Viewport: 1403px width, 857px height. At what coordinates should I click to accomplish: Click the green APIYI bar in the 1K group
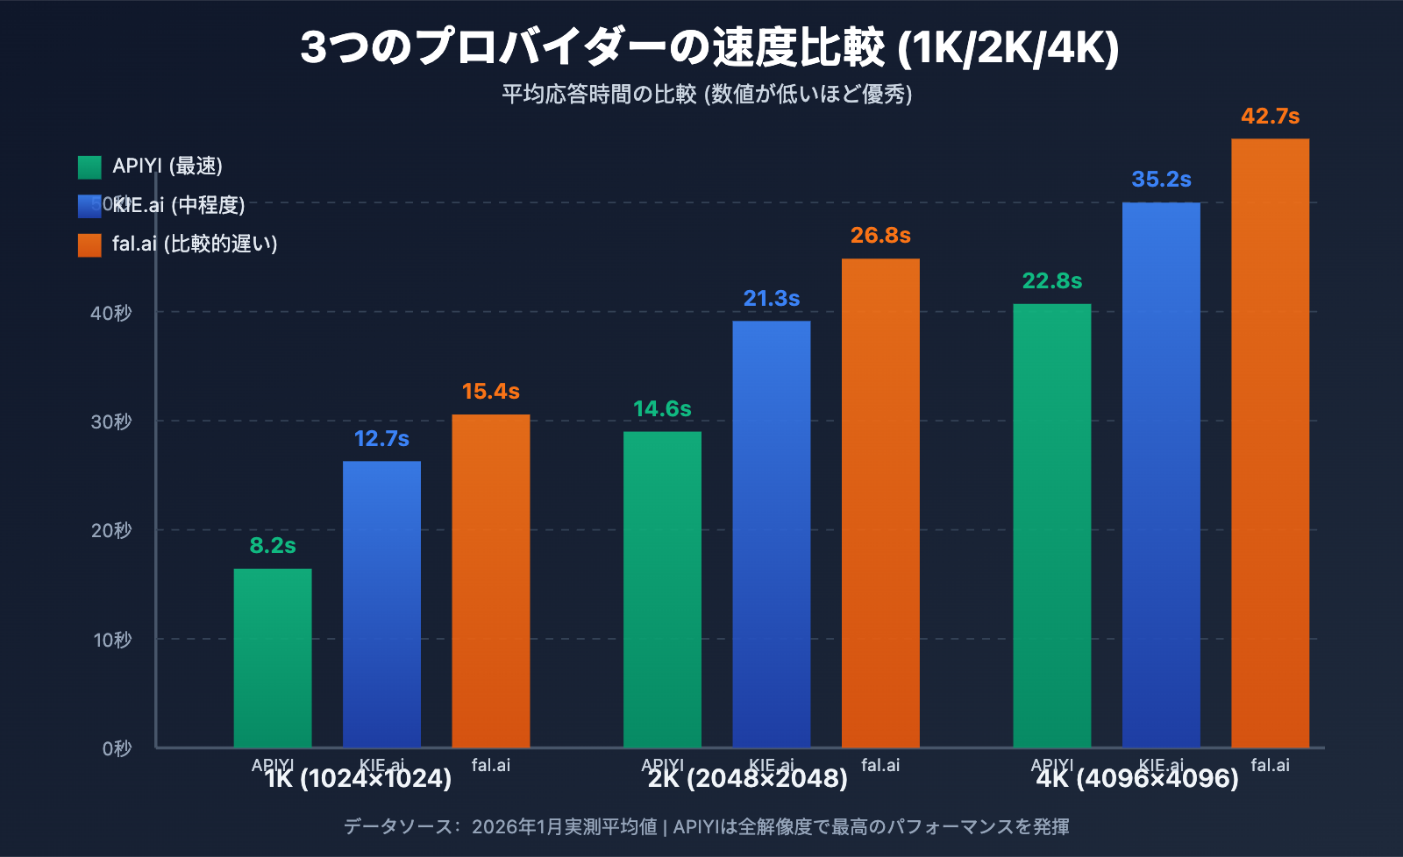click(x=273, y=657)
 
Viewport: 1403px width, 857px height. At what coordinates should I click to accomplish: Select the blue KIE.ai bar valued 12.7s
click(x=381, y=605)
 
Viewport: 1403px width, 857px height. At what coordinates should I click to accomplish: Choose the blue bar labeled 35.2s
click(x=1161, y=474)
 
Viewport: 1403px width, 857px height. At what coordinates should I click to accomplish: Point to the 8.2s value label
click(x=273, y=546)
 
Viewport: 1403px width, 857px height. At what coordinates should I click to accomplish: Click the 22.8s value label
click(x=1051, y=281)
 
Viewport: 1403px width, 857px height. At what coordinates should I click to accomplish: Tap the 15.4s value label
click(x=490, y=392)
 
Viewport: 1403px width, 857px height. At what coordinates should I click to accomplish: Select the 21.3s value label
click(x=771, y=299)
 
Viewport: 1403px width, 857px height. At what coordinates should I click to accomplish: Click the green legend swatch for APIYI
click(x=89, y=166)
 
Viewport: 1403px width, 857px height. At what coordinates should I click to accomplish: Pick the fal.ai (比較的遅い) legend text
click(x=195, y=244)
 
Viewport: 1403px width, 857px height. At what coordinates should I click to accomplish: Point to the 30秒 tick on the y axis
click(x=111, y=421)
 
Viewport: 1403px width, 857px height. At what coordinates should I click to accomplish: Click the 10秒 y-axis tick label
click(x=112, y=640)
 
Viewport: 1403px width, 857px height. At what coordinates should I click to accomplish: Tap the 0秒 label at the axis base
click(x=117, y=748)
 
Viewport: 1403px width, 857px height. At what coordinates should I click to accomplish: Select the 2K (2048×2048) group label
click(x=748, y=779)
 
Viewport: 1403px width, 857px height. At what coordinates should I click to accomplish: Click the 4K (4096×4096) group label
click(x=1137, y=779)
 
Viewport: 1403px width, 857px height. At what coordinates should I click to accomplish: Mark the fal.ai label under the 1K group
click(x=490, y=765)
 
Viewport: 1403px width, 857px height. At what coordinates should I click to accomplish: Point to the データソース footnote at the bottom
click(x=706, y=826)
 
